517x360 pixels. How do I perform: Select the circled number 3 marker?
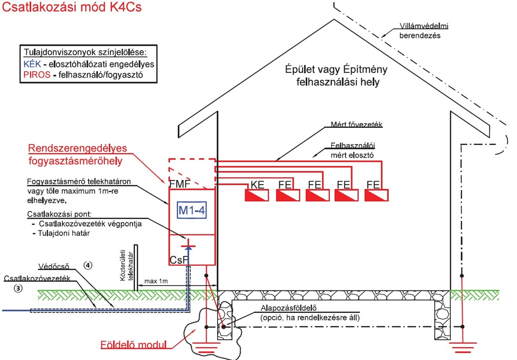(x=18, y=287)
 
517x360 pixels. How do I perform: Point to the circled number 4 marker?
(x=88, y=266)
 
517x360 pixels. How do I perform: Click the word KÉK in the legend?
(x=32, y=64)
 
